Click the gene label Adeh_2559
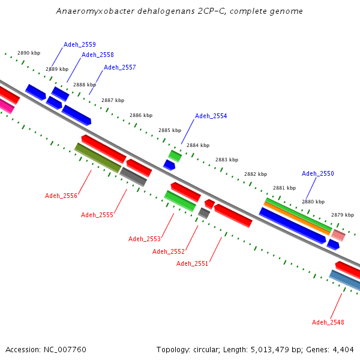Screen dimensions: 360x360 (80, 44)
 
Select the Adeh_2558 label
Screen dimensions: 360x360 (98, 55)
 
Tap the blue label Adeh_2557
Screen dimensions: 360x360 (120, 67)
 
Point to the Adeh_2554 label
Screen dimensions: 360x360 (211, 116)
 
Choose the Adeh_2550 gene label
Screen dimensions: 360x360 (318, 173)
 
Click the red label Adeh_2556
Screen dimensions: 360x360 (61, 196)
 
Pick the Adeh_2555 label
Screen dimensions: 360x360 (97, 215)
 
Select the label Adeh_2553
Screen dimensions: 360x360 (145, 239)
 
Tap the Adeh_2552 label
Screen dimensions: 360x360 (169, 251)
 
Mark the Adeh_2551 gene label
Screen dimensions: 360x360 (193, 263)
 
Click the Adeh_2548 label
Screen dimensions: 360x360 (328, 322)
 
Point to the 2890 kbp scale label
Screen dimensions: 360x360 (28, 53)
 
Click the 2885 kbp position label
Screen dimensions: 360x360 (170, 130)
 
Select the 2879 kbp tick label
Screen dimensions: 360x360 (343, 215)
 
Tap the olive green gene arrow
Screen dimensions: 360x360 (98, 158)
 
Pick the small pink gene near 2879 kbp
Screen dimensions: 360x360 (338, 235)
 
